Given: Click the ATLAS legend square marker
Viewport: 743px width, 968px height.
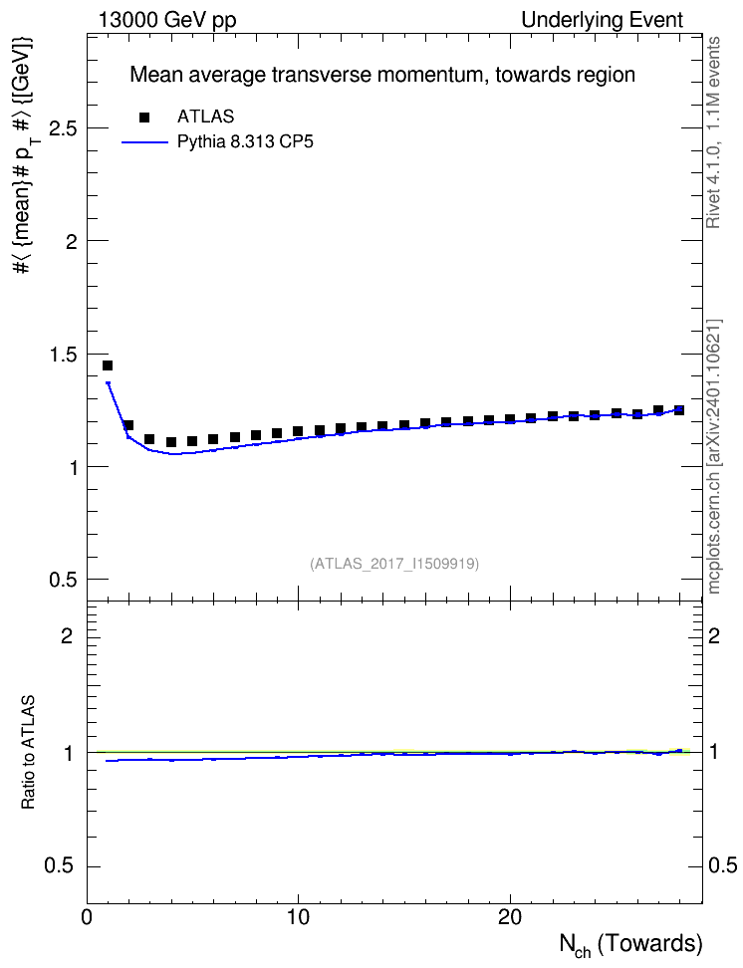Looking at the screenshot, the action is tap(144, 117).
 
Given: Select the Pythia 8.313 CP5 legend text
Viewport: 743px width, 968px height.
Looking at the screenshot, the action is tap(245, 142).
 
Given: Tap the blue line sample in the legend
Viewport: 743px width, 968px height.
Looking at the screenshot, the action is tap(145, 142).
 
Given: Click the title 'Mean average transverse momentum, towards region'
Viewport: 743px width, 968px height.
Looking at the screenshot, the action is tap(382, 75).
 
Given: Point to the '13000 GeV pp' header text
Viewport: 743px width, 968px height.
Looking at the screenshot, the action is tap(167, 20).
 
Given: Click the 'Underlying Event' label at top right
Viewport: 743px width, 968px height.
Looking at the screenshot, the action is tap(603, 20).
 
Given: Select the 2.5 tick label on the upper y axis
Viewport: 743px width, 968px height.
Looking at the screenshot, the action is tap(63, 128).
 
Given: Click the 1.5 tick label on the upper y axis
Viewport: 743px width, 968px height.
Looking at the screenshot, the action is tap(63, 355).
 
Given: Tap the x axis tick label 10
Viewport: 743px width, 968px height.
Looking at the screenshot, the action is tap(299, 917).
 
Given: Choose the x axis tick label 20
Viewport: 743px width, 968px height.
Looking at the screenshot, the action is tap(510, 917).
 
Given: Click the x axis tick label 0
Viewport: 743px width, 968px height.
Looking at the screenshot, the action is tap(87, 917).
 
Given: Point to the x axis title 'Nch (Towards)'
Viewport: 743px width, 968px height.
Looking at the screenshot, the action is tap(630, 944).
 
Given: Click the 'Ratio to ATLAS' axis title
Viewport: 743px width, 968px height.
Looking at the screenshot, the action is tap(28, 753).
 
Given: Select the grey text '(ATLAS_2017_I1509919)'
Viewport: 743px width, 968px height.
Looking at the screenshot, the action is tap(394, 564).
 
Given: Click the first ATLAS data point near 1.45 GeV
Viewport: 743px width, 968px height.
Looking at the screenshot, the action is tap(108, 365).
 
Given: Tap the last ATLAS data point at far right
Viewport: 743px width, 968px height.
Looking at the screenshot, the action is tap(679, 410).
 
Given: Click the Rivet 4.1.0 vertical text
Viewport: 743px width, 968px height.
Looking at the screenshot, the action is tap(713, 132).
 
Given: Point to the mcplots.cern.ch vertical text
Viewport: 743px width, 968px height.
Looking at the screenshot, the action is tap(713, 456).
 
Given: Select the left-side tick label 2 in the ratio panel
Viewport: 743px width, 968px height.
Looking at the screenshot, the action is tap(67, 635).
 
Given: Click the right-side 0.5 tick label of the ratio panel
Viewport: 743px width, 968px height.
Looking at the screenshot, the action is tap(722, 865).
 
